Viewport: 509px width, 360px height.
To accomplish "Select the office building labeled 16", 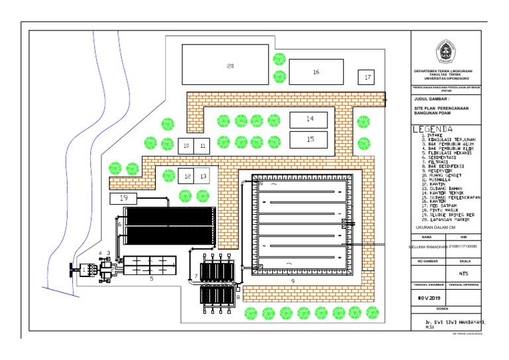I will pyautogui.click(x=316, y=72).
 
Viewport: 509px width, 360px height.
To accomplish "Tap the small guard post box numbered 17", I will pyautogui.click(x=367, y=78).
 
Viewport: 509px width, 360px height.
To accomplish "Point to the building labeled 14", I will pyautogui.click(x=309, y=119).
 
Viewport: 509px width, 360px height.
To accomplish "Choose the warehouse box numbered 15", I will pyautogui.click(x=309, y=139).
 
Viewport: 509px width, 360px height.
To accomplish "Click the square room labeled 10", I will pyautogui.click(x=186, y=145).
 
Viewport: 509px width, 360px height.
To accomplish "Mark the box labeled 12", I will pyautogui.click(x=186, y=176).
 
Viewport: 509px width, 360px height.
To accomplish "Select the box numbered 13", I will pyautogui.click(x=202, y=176).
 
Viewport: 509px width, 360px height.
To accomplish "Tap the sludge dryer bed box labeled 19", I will pyautogui.click(x=123, y=198).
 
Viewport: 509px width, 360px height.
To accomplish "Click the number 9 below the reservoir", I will pyautogui.click(x=292, y=280).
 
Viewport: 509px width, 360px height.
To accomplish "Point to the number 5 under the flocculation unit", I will pyautogui.click(x=151, y=280).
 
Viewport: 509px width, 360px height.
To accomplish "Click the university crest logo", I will pyautogui.click(x=444, y=52).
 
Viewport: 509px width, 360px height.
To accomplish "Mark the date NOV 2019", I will pyautogui.click(x=429, y=298).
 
